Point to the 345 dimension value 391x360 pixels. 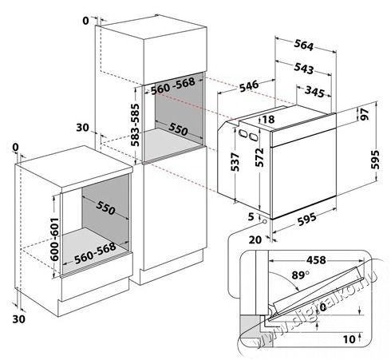pyautogui.click(x=319, y=93)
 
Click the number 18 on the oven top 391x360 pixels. pyautogui.click(x=267, y=120)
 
